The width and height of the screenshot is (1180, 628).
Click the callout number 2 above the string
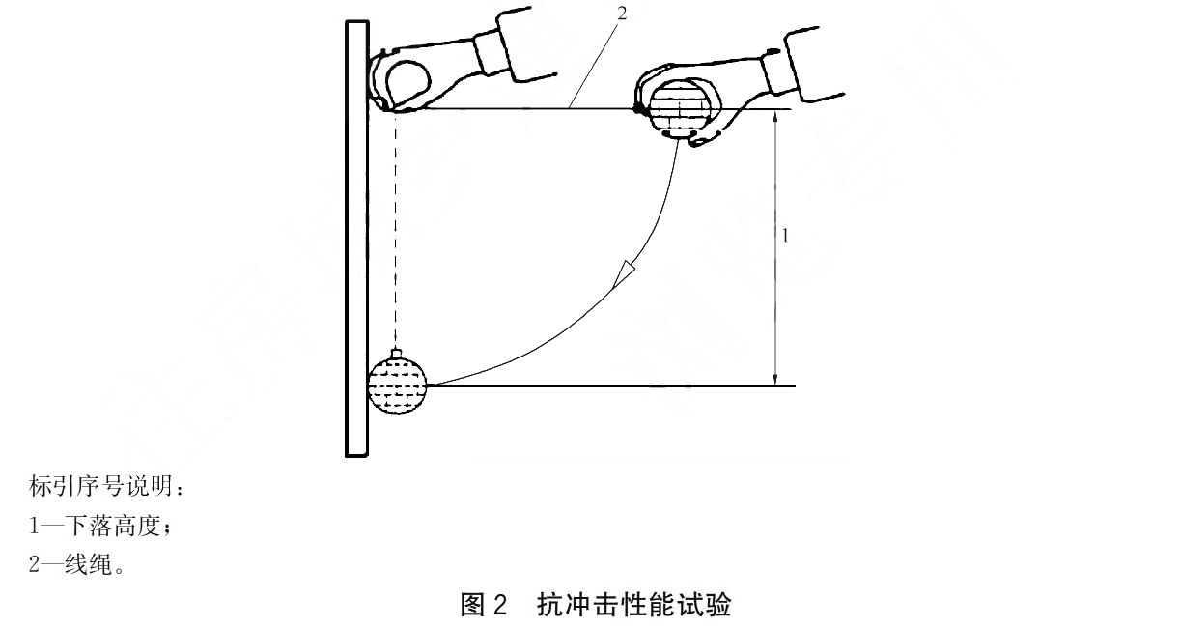[x=622, y=14]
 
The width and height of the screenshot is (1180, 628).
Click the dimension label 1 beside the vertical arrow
[x=785, y=236]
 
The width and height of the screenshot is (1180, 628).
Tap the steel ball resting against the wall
[x=397, y=385]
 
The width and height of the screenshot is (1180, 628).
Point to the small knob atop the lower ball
[x=397, y=353]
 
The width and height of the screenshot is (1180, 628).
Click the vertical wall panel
[x=356, y=239]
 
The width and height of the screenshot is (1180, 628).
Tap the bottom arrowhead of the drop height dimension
[x=774, y=379]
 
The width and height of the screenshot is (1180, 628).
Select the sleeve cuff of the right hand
[x=777, y=73]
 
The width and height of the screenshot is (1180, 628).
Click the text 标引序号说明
[x=100, y=486]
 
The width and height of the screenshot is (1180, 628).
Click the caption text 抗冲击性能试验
[x=634, y=605]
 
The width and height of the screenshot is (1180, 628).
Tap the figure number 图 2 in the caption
[x=484, y=605]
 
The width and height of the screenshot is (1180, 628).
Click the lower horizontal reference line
[x=611, y=386]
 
